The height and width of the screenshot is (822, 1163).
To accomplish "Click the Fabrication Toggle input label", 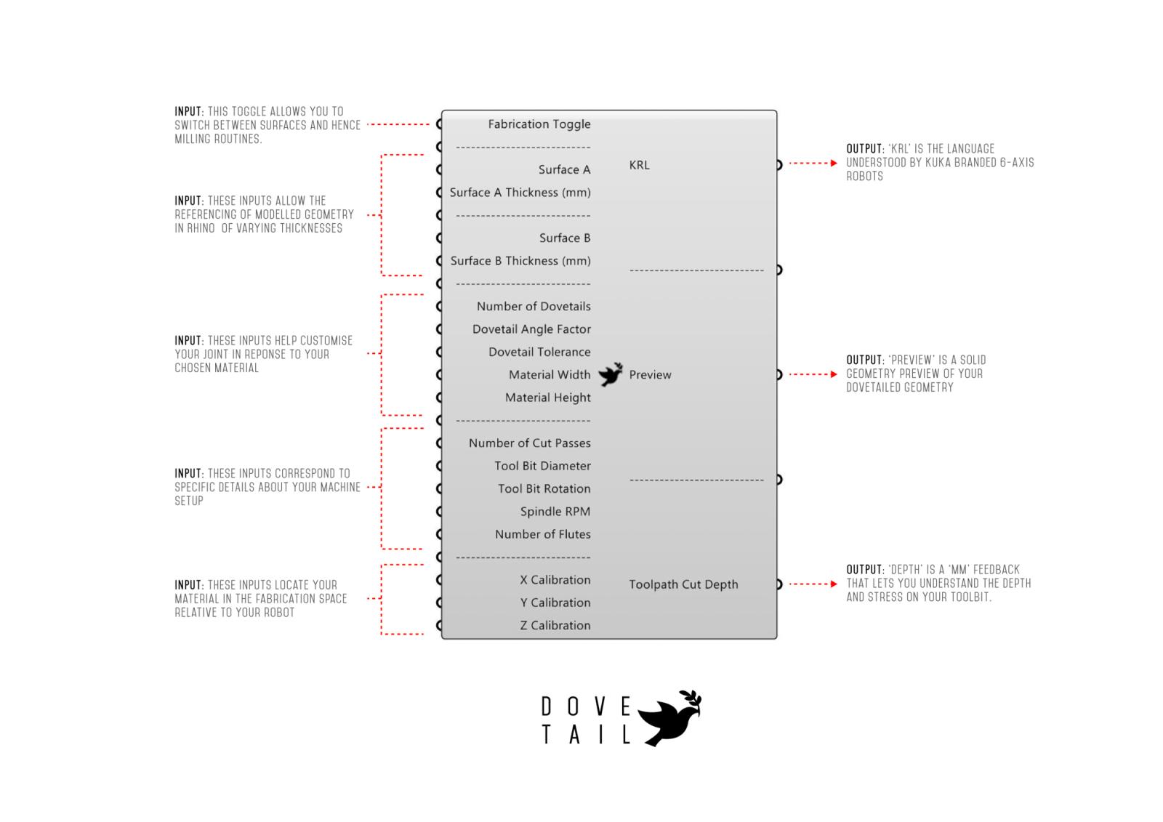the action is click(x=539, y=124).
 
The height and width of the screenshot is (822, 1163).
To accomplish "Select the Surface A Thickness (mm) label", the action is click(x=520, y=193).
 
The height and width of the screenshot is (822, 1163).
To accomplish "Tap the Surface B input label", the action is click(x=564, y=238).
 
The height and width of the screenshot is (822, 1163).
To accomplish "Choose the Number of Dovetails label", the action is click(x=534, y=307).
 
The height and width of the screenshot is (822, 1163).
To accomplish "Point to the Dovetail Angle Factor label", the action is click(x=531, y=329).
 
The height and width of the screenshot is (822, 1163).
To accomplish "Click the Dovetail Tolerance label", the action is click(x=539, y=352).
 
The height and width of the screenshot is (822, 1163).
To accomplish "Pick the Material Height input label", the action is click(x=548, y=398).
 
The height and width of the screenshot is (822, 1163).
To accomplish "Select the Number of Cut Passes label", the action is click(x=530, y=443).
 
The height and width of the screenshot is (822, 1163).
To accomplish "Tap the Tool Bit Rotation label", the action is click(x=544, y=488).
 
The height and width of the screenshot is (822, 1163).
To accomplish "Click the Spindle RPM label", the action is click(x=555, y=512).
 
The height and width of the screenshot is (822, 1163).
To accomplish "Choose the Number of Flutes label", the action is click(x=542, y=534).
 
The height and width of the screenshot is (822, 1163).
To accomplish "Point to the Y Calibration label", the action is click(x=555, y=603).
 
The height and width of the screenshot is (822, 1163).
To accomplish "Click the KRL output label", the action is click(x=639, y=165).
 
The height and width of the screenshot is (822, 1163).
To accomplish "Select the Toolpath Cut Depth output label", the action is click(x=683, y=584).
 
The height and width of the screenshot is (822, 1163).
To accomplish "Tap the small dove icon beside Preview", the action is click(x=611, y=374).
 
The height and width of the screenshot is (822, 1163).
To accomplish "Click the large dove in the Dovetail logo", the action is click(x=669, y=718).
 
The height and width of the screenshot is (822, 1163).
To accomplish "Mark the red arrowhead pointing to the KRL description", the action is click(x=834, y=163).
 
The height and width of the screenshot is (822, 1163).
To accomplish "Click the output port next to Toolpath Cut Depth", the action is click(x=778, y=584).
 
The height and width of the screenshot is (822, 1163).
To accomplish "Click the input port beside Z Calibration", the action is click(x=440, y=625).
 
